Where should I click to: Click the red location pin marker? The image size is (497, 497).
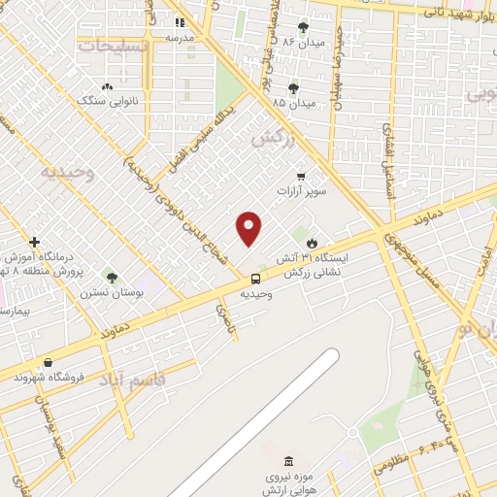[249, 229]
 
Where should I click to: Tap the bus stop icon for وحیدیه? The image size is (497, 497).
[255, 277]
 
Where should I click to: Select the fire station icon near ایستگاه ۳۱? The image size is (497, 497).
[312, 244]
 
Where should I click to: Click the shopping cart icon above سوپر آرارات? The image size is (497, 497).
[302, 177]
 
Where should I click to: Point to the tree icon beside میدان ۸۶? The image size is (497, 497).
[303, 27]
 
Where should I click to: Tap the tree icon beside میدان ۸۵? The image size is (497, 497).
[293, 88]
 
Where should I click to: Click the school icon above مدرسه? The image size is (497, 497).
[180, 22]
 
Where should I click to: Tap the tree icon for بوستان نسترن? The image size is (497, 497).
[112, 278]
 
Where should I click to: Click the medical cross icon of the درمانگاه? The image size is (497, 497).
[35, 242]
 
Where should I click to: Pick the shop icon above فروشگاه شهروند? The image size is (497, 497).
[48, 363]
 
